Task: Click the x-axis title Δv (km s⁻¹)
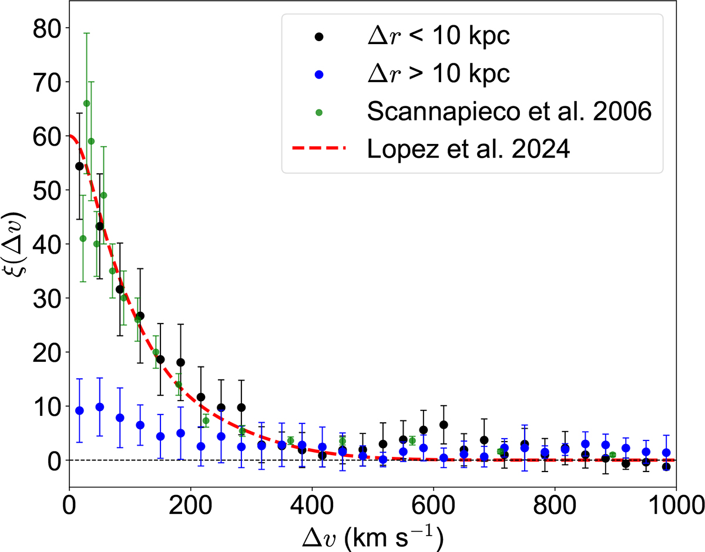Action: tap(372, 536)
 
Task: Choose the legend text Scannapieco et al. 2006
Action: tap(509, 112)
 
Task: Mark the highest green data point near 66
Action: tap(86, 103)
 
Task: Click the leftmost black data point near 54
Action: tap(79, 166)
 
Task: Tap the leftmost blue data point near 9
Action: tap(79, 410)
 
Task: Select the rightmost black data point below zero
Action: tap(666, 467)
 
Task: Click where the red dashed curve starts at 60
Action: tap(70, 136)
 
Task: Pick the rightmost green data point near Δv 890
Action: tap(612, 455)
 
